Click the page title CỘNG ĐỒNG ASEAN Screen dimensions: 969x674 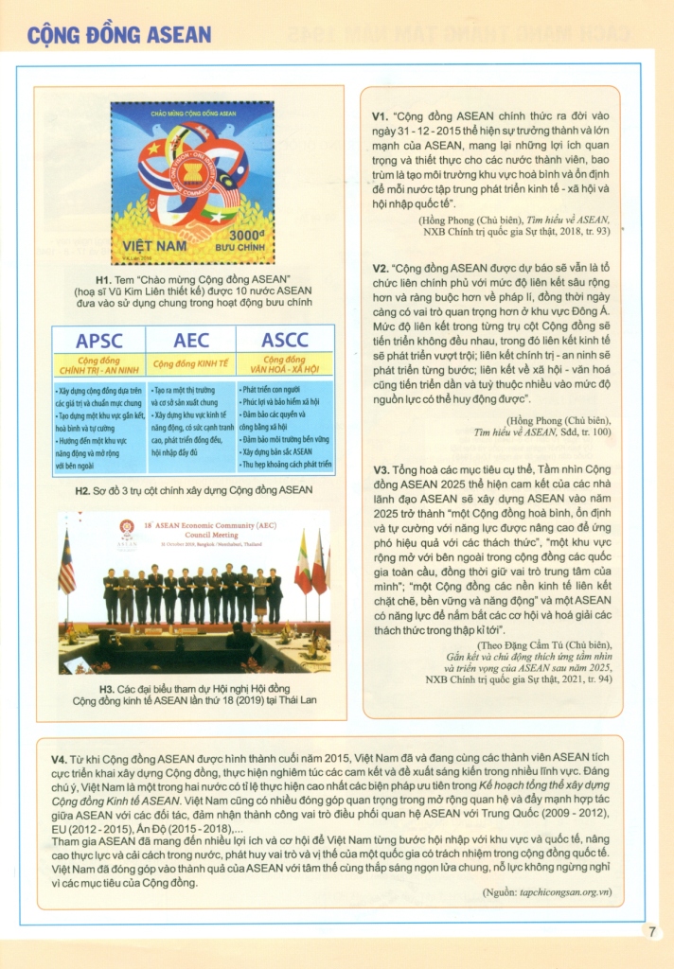(119, 35)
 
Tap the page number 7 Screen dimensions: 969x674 (652, 931)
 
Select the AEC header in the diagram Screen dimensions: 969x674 (191, 341)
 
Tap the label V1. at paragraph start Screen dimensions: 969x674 (380, 118)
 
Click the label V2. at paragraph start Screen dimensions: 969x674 (380, 269)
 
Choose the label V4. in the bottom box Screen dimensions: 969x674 (61, 759)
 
